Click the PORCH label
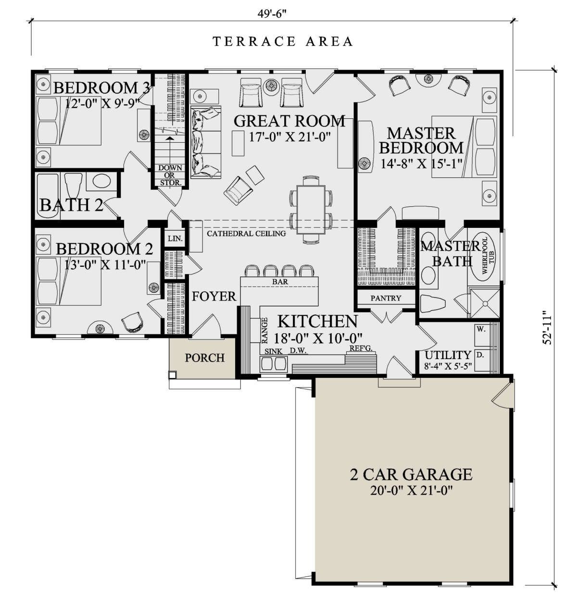[204, 358]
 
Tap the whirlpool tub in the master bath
[484, 255]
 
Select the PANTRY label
[386, 298]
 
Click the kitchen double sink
[274, 363]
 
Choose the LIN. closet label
[175, 238]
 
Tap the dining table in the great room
[311, 209]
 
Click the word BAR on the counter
[280, 282]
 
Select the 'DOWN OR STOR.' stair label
[170, 175]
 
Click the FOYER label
[213, 296]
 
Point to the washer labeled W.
[480, 329]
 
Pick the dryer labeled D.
[480, 355]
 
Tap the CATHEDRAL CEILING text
[246, 233]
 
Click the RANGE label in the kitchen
[264, 331]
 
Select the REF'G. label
[361, 349]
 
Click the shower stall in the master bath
[485, 303]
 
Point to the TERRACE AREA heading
[283, 41]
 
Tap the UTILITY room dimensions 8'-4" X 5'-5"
[448, 367]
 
